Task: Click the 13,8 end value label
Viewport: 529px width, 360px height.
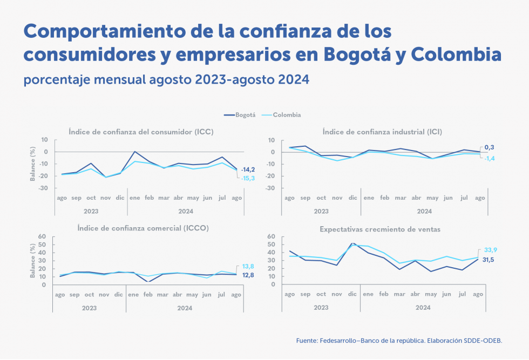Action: (248, 267)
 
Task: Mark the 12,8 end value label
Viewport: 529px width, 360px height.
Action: (248, 275)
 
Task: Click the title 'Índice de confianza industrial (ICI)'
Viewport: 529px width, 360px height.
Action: (382, 132)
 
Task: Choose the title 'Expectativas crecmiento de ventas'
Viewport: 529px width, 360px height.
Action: (379, 229)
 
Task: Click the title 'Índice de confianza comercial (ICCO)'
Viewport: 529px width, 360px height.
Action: (143, 228)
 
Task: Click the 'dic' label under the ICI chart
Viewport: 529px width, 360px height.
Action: (353, 198)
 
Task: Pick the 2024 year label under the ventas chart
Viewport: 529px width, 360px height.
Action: (424, 308)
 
